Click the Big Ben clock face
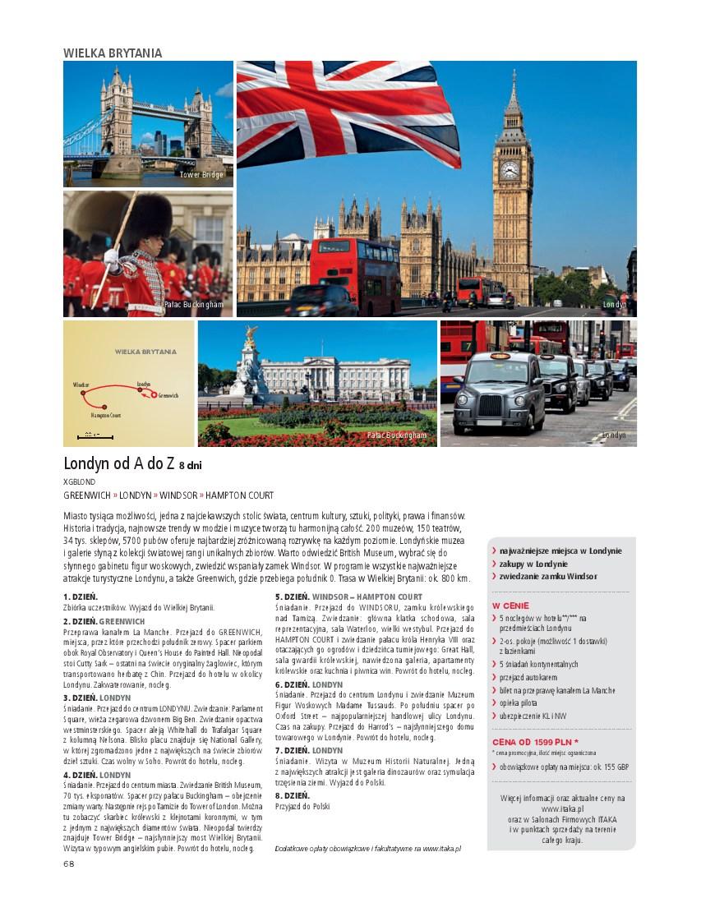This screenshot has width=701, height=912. coord(510,170)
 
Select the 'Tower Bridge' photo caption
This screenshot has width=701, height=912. coord(201,175)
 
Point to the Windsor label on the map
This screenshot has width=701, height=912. coord(81,385)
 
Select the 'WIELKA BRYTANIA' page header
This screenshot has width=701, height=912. coord(113,53)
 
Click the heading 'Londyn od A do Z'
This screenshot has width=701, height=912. coord(119,463)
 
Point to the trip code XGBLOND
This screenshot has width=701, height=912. coord(79,481)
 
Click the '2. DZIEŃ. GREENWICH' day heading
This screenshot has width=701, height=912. coord(104,621)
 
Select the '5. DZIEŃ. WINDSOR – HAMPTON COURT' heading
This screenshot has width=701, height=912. coord(349,596)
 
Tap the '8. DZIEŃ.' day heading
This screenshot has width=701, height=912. coord(292,796)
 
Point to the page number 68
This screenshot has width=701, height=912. coord(68,864)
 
